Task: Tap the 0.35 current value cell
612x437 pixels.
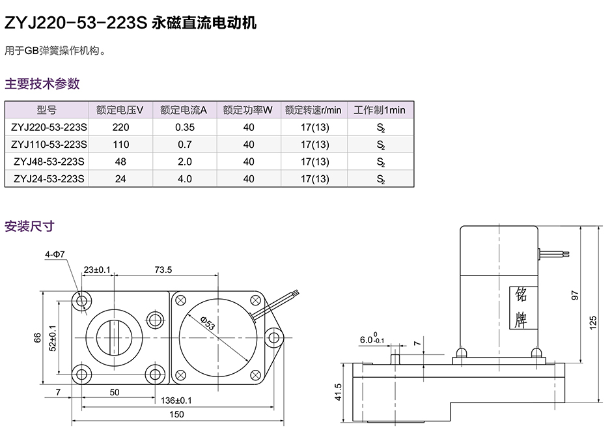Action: [185, 127]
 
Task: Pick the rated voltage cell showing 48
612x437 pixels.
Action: [120, 162]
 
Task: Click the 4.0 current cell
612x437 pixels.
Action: [185, 178]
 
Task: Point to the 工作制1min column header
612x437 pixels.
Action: [380, 110]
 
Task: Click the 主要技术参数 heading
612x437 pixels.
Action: [42, 83]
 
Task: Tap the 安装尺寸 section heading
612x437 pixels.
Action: [29, 227]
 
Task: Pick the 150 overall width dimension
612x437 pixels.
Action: [176, 414]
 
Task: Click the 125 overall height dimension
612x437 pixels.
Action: [593, 322]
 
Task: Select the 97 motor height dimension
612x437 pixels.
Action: [574, 294]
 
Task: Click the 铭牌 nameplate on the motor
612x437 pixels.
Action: [521, 306]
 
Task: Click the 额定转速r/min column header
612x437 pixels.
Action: [313, 110]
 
